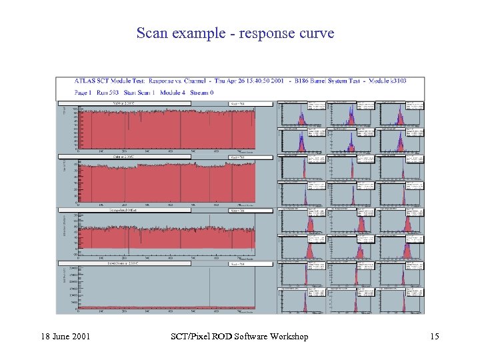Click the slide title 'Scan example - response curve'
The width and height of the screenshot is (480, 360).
[235, 33]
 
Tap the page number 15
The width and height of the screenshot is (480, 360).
[434, 337]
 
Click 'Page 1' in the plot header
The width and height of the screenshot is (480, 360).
[84, 92]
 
